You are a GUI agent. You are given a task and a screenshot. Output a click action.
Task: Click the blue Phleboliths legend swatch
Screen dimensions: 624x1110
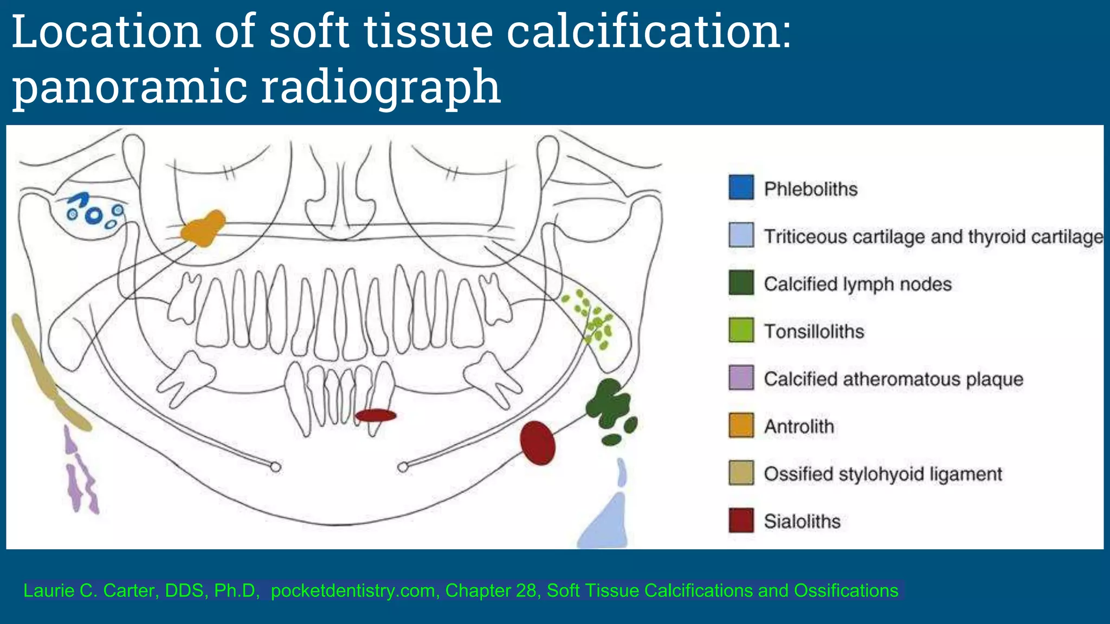741,187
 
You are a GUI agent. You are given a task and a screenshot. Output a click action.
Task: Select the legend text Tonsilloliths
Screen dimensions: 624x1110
814,331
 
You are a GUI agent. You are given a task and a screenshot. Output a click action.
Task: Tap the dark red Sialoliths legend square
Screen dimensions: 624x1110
741,520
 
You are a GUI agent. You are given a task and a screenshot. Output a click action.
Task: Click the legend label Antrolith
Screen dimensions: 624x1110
799,426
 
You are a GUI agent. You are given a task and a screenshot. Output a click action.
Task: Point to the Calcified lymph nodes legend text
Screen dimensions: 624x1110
857,284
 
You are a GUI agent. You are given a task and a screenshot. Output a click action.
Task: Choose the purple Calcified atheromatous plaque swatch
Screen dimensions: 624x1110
741,378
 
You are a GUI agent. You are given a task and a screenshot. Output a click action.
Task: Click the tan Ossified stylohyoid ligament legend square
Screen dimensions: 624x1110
741,473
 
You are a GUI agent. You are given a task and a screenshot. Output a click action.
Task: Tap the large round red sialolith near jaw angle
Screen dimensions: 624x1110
538,443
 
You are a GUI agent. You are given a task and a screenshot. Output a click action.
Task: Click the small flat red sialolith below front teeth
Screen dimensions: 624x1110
376,415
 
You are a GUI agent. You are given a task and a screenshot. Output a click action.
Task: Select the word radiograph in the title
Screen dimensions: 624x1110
380,87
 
